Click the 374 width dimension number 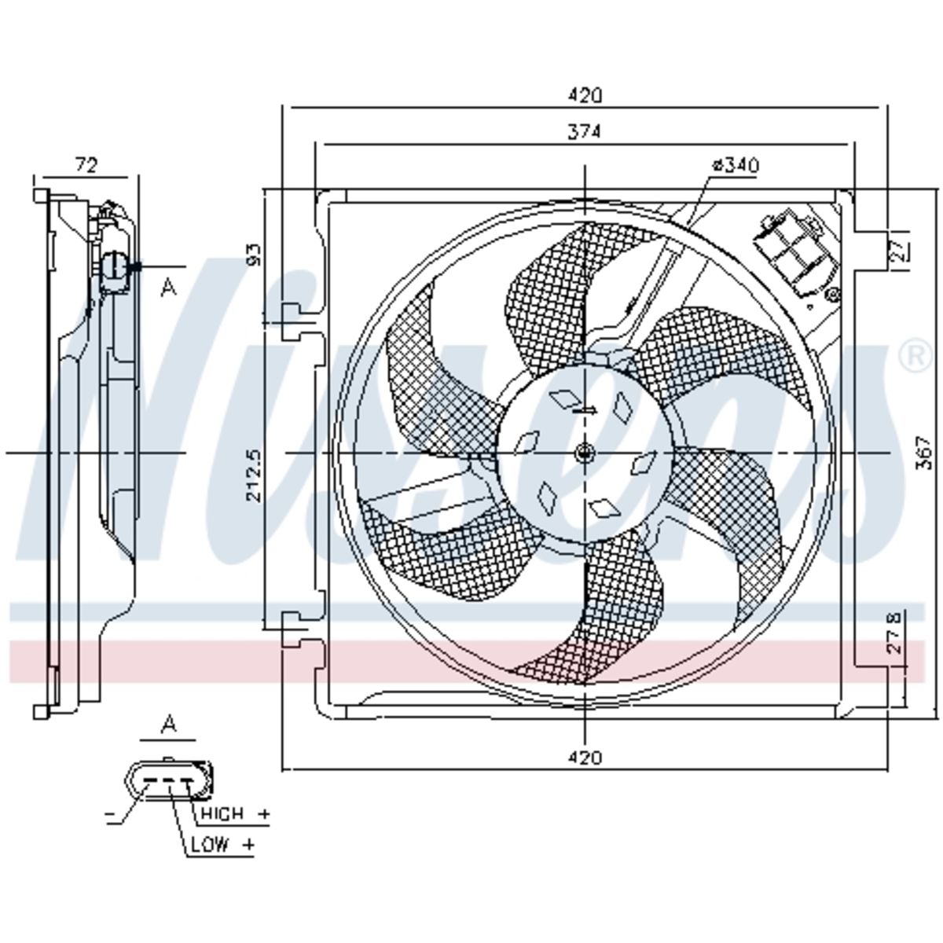tap(584, 132)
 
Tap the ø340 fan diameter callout tap(736, 165)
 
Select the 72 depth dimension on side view tap(86, 165)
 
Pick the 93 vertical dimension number tap(255, 255)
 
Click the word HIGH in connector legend tap(222, 814)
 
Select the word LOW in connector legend tap(210, 844)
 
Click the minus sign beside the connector tap(109, 814)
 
